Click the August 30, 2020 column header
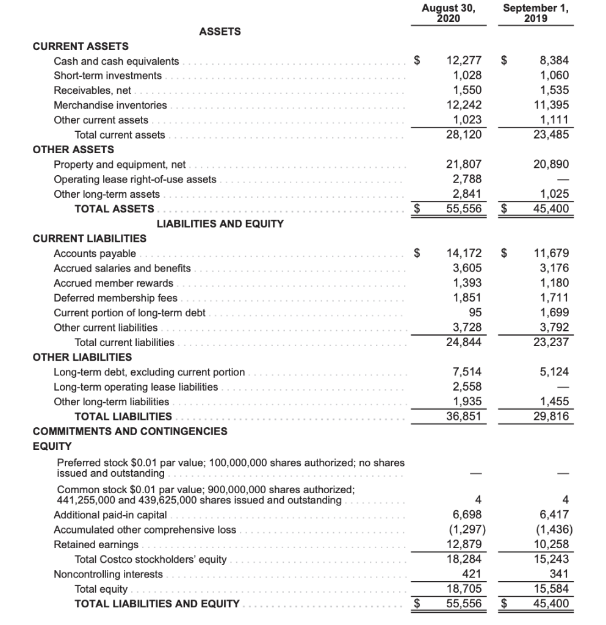(449, 13)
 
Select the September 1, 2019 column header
(535, 13)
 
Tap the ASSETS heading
(220, 32)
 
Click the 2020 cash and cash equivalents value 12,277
(464, 61)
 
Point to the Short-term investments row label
(108, 76)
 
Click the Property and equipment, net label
(120, 165)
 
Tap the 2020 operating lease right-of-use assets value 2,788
(467, 179)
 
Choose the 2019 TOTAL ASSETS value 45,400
(550, 209)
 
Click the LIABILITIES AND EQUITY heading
(220, 224)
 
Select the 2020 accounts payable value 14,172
(464, 253)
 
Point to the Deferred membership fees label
(115, 298)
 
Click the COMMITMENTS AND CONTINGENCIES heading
(129, 432)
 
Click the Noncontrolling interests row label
(108, 574)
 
